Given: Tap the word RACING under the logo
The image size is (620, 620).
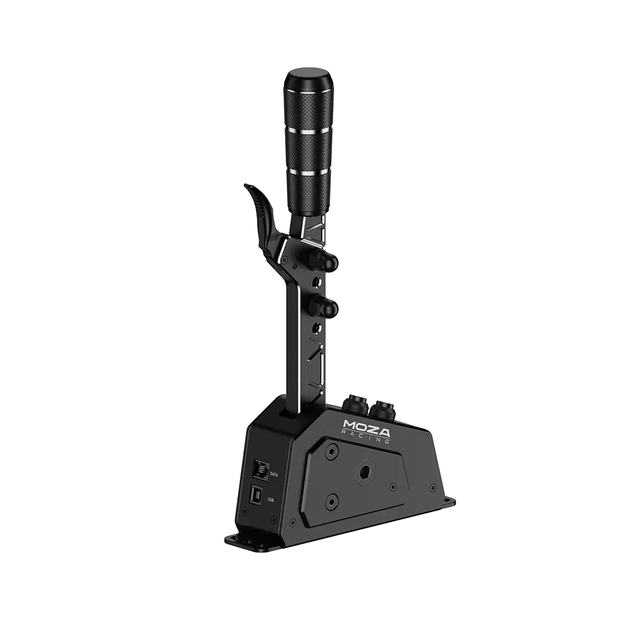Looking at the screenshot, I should tap(368, 439).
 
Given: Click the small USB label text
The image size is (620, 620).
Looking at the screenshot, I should tap(270, 500).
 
